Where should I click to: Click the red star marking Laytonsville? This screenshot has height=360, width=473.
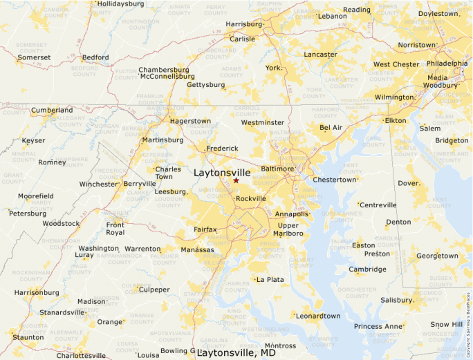click(x=236, y=180)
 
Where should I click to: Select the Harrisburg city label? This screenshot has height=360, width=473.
click(x=244, y=24)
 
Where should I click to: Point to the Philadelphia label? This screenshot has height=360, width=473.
click(x=447, y=63)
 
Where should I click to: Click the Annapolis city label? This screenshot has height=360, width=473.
click(x=291, y=214)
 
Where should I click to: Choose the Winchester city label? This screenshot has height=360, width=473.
click(x=98, y=184)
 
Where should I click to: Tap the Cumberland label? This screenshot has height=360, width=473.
click(x=51, y=110)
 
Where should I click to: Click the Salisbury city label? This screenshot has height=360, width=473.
click(x=396, y=300)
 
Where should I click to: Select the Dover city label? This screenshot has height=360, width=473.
click(x=409, y=183)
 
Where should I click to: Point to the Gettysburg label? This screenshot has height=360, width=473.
click(x=205, y=85)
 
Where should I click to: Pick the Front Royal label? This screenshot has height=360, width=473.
click(x=115, y=229)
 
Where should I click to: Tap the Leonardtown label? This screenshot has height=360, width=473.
click(x=317, y=316)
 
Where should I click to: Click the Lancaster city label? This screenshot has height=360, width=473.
click(x=320, y=55)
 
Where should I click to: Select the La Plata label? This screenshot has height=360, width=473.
click(x=270, y=280)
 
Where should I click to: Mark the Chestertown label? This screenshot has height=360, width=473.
click(x=334, y=180)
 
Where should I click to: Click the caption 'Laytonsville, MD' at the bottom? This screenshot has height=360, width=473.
click(x=236, y=353)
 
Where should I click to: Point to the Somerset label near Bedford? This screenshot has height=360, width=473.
click(x=34, y=57)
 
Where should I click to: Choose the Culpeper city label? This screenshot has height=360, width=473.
click(x=154, y=290)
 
